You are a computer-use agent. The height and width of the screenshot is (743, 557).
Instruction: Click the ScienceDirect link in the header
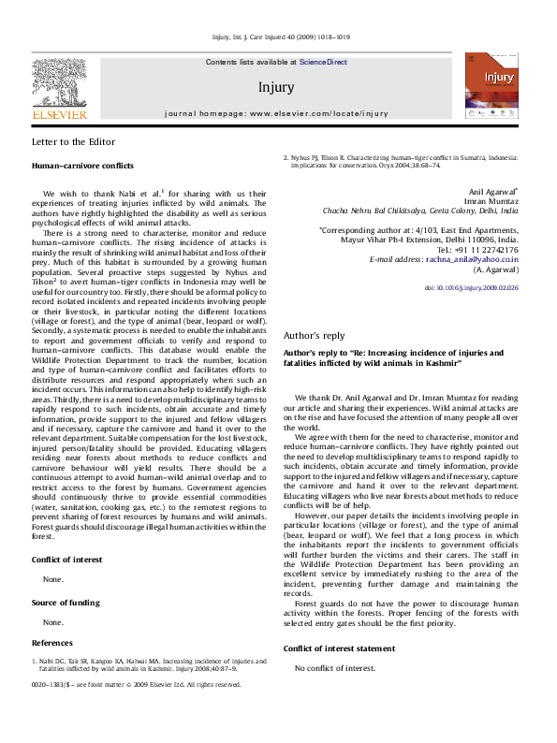tap(323, 62)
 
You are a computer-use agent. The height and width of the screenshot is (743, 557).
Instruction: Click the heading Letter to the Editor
tap(74, 142)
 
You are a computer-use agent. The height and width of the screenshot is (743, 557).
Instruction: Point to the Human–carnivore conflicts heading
tap(82, 165)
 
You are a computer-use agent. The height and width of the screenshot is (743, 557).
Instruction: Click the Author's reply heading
tap(314, 335)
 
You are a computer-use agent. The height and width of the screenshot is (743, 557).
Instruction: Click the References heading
tap(52, 643)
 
